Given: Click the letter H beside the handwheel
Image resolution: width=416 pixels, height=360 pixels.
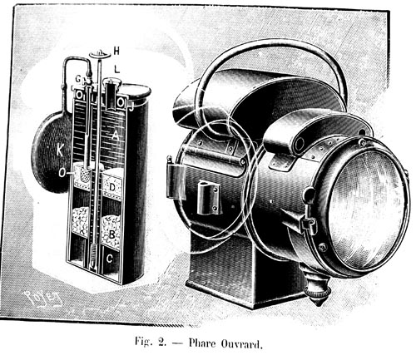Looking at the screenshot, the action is pos(116,52).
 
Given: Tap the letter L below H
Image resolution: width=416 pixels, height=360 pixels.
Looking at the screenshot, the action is pos(117,69).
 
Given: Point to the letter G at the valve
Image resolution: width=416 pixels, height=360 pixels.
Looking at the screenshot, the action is pos(78,79).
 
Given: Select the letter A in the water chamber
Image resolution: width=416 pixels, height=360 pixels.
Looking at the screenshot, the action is pos(116,136).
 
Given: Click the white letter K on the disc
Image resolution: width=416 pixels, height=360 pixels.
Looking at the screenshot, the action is pos(60,150).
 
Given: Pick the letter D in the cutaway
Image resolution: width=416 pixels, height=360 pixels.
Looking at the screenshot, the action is pos(112,187).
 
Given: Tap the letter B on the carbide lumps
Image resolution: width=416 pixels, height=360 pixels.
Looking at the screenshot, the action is pos(111,234).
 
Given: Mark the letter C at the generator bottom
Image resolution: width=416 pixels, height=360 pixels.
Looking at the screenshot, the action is pos(110,259).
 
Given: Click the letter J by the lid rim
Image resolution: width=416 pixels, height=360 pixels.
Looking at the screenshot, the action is pos(131,106).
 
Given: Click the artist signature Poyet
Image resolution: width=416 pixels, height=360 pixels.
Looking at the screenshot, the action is pos(44,299).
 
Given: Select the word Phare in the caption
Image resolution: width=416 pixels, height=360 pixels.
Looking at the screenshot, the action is pos(202,343).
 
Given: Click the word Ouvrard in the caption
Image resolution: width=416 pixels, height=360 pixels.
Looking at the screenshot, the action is pos(241,343).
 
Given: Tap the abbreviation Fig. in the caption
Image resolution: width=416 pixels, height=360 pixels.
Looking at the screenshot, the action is pos(143,342).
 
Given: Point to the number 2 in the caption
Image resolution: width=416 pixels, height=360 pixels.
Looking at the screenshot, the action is pos(161,343).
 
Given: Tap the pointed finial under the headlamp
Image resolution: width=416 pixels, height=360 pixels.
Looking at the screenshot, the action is pos(317,293).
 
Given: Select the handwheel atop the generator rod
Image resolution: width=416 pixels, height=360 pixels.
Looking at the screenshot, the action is pos(100,55).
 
